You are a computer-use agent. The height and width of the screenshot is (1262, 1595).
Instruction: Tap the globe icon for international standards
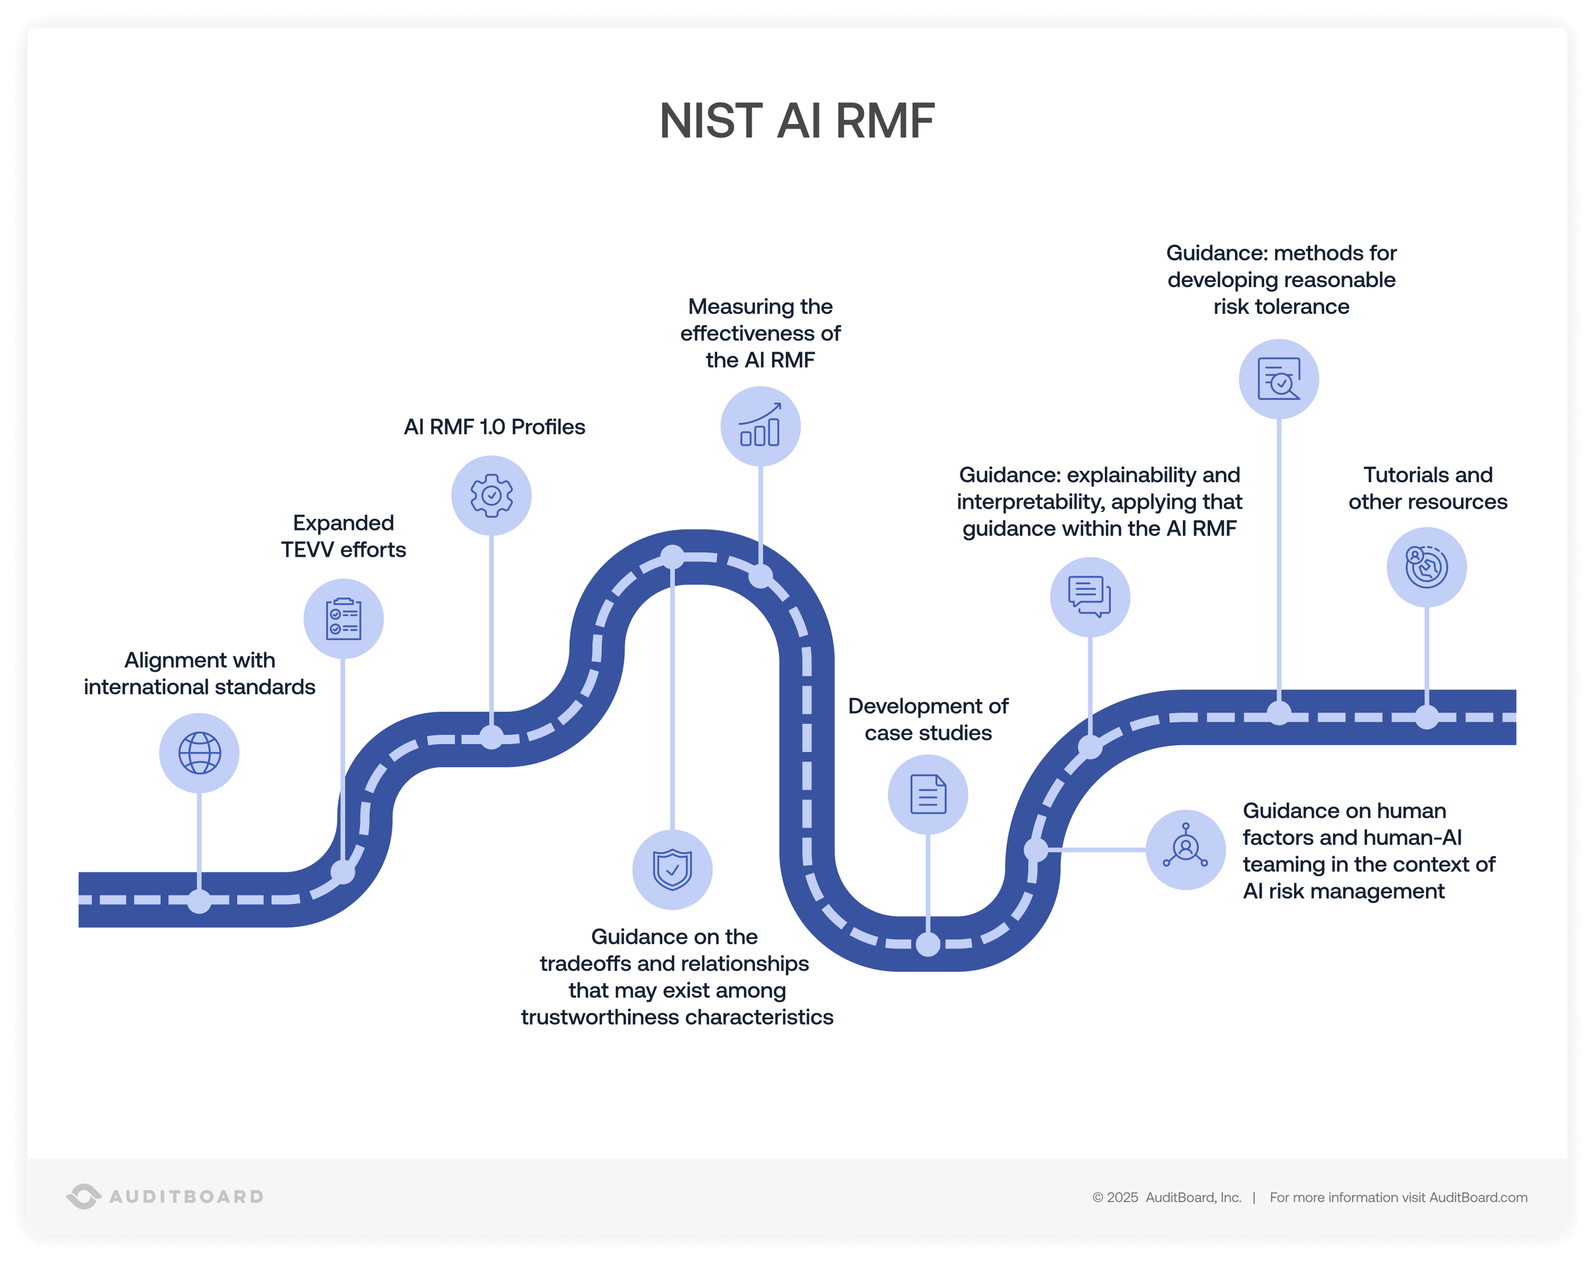point(199,753)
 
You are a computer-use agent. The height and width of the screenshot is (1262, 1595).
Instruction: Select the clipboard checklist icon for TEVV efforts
point(343,619)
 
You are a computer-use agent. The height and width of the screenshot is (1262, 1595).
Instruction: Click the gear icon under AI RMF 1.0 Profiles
point(491,495)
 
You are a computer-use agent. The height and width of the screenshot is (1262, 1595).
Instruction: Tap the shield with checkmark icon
point(672,870)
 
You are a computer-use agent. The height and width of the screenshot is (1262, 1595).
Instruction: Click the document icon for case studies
point(928,795)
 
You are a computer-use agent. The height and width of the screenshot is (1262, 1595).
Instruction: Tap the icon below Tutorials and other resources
point(1426,567)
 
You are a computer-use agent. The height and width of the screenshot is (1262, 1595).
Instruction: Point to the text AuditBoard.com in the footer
point(1478,1197)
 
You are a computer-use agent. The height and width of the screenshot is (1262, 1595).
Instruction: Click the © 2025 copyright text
point(1115,1197)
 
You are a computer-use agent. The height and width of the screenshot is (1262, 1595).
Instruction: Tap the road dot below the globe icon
point(199,901)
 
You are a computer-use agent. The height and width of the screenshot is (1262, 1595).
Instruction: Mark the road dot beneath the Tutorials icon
point(1426,717)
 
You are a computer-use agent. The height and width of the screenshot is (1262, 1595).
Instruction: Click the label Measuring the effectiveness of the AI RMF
point(760,333)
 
